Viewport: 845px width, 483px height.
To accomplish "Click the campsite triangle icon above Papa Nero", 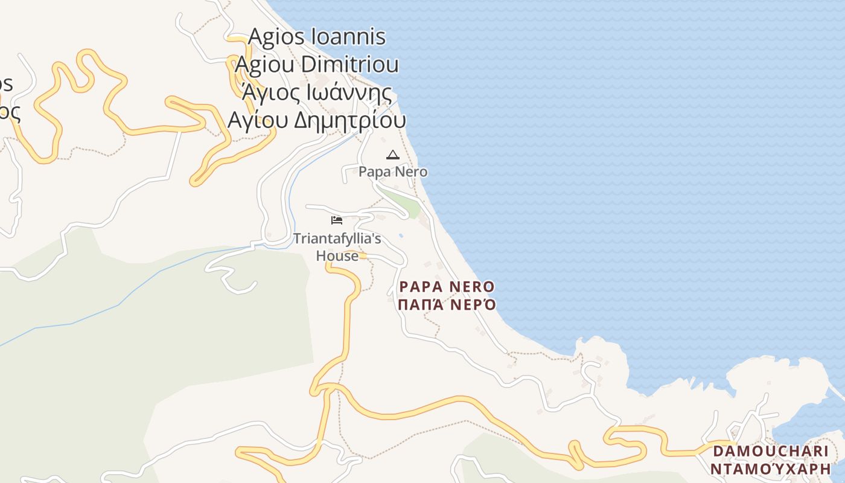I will coord(392,155).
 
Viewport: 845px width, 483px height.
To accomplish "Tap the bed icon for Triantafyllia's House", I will coord(337,220).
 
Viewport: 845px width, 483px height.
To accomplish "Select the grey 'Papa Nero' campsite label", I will coord(393,172).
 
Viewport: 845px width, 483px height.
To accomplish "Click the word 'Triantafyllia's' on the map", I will coord(337,239).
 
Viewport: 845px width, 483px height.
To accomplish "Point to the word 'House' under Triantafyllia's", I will coord(337,256).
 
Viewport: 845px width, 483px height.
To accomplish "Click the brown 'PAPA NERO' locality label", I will coord(447,287).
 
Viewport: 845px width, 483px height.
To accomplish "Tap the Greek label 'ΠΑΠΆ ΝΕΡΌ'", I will coord(447,304).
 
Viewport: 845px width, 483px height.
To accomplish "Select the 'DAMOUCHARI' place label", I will coord(770,452).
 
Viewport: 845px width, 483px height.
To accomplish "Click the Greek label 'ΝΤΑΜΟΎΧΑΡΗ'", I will coord(770,469).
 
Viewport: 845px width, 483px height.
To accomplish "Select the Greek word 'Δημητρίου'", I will coord(349,121).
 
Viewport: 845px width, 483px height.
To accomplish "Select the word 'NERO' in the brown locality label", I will coord(471,287).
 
